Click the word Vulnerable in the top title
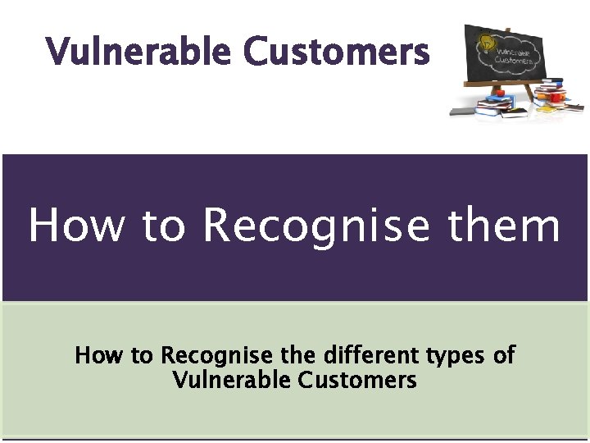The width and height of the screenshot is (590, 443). [139, 53]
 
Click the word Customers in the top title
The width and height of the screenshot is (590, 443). [336, 53]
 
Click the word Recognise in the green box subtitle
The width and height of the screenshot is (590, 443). [216, 357]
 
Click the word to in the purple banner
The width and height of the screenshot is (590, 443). [161, 226]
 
